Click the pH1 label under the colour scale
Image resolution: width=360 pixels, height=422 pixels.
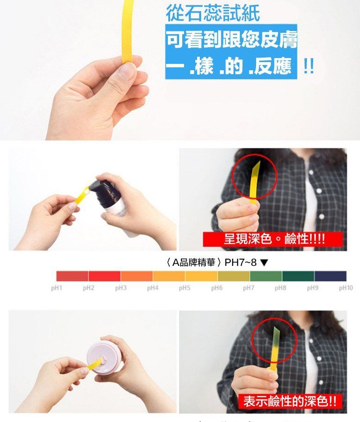tap(57, 288)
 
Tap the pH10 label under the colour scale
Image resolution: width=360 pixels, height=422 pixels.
tap(346, 288)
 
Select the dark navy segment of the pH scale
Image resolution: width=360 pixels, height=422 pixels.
tap(330, 276)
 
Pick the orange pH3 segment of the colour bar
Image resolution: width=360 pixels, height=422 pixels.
tap(137, 276)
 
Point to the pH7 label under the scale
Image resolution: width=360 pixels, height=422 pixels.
tap(248, 288)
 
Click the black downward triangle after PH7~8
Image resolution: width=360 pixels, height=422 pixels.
tap(265, 262)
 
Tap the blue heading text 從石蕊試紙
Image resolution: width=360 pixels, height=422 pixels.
tap(213, 13)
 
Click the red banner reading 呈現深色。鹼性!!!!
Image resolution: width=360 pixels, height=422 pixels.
tap(273, 239)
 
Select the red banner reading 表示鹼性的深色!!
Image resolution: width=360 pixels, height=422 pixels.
tap(290, 401)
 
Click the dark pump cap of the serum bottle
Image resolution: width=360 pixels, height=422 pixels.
tap(101, 189)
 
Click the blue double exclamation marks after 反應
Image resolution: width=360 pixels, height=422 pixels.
tap(308, 66)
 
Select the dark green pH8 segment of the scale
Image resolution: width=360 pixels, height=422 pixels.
tap(298, 276)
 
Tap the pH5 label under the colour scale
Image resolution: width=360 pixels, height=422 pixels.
tap(184, 288)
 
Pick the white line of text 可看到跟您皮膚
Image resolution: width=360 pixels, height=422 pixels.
tap(232, 39)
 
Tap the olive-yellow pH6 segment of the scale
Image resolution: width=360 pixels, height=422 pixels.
tap(234, 276)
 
